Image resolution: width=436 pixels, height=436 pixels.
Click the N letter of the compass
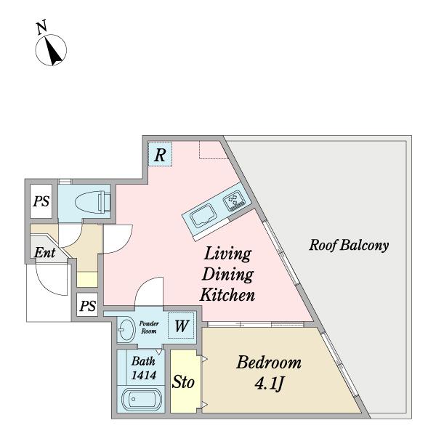41,28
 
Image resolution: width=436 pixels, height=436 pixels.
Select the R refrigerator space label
160,155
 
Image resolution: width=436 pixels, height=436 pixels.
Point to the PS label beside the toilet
41,201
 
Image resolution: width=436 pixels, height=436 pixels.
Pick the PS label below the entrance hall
88,306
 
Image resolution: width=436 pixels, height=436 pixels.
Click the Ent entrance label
45,253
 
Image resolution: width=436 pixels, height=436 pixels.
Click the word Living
227,254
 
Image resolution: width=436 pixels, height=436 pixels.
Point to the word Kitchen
227,295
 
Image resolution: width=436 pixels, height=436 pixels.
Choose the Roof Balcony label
349,246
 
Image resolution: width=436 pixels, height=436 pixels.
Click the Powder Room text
149,327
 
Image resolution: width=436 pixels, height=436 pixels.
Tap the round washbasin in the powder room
126,329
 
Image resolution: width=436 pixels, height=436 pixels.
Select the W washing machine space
182,326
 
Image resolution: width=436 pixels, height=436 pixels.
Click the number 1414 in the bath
143,376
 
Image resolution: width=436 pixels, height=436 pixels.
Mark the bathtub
142,399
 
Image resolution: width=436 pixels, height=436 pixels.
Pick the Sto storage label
183,382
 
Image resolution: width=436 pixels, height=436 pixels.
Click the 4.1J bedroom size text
269,384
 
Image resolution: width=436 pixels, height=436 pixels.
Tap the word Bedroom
269,363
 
